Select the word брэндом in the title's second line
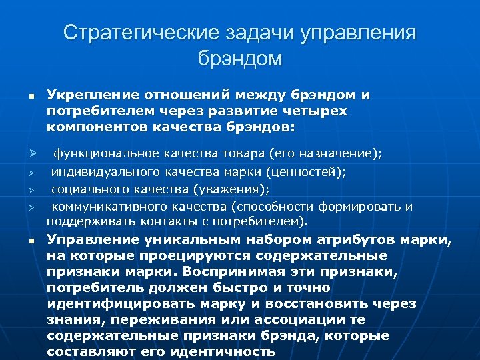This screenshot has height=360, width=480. (240, 59)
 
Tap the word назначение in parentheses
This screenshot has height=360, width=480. (336, 154)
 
